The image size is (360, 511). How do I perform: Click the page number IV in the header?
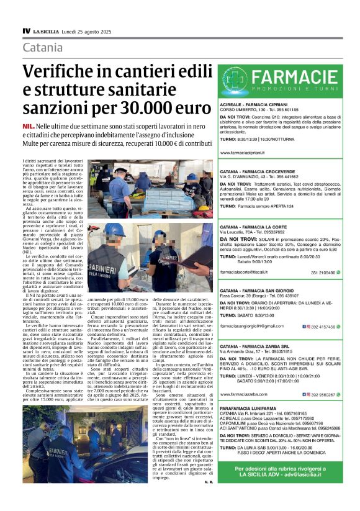26,30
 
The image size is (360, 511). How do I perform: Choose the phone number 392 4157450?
323,325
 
